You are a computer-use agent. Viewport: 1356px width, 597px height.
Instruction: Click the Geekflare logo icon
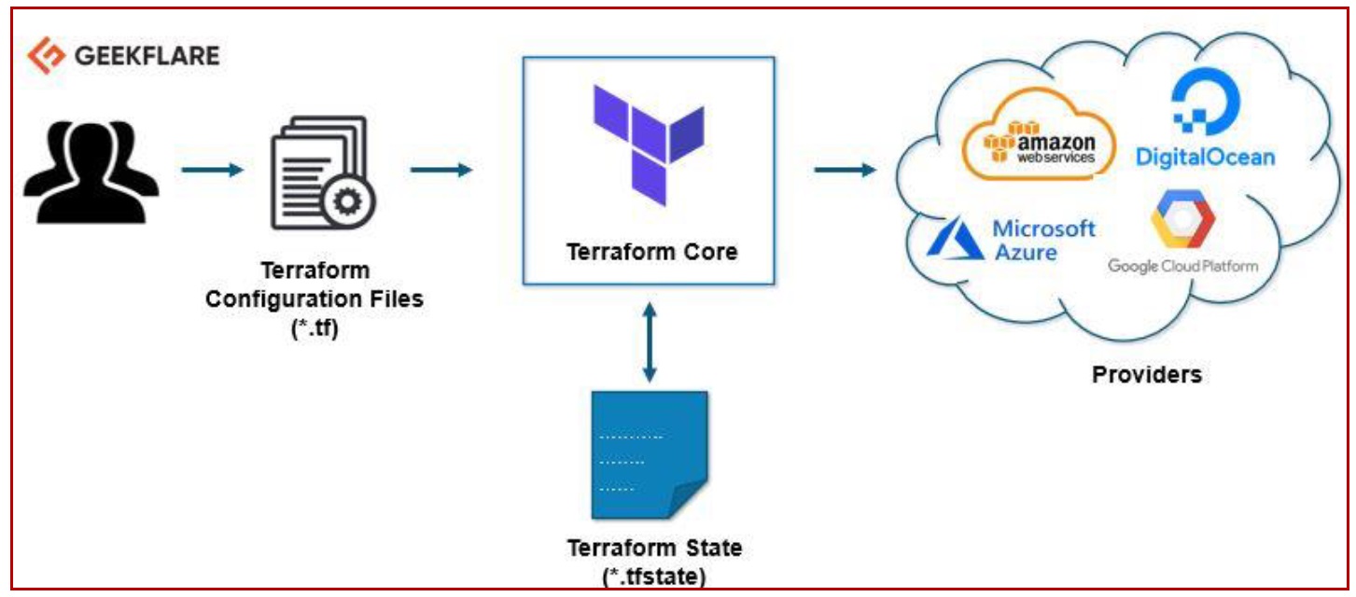click(x=44, y=56)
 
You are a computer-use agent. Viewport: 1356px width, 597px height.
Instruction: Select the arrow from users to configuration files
click(x=213, y=170)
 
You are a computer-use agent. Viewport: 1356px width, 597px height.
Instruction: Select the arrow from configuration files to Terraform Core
click(x=440, y=170)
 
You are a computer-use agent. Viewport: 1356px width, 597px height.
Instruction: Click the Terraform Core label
click(x=651, y=251)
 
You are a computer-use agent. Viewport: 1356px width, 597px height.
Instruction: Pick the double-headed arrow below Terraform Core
click(x=650, y=340)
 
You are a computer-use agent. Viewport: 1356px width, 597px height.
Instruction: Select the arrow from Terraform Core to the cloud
click(x=845, y=170)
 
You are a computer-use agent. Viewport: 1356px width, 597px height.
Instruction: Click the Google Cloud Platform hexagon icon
click(x=1182, y=220)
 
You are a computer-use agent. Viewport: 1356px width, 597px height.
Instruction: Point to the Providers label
click(x=1147, y=376)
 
